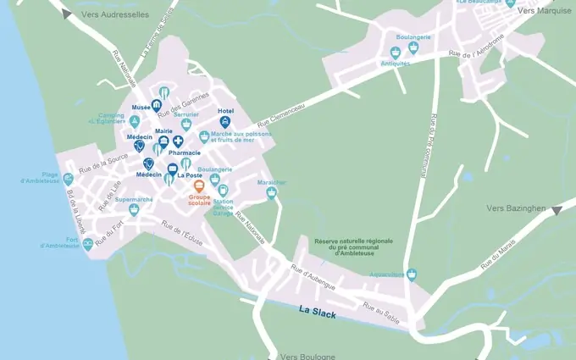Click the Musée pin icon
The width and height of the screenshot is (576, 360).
157,106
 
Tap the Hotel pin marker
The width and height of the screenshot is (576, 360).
225,122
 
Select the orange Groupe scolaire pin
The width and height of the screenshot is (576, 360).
200,187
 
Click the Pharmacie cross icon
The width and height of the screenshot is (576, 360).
178,141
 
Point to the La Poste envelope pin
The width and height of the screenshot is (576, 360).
172,169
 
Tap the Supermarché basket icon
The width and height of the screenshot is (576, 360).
134,209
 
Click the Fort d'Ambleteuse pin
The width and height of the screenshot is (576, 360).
87,245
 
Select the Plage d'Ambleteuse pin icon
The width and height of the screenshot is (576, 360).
68,180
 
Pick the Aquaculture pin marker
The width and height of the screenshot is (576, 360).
412,274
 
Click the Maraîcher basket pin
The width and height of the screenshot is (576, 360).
272,193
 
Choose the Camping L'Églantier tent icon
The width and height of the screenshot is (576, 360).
134,122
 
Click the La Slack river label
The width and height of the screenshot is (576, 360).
318,313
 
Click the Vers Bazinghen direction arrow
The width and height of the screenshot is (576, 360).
557,210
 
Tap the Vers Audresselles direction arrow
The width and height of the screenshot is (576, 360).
66,13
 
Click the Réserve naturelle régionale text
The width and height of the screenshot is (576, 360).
353,241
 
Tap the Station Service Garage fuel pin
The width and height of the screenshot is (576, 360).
223,191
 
